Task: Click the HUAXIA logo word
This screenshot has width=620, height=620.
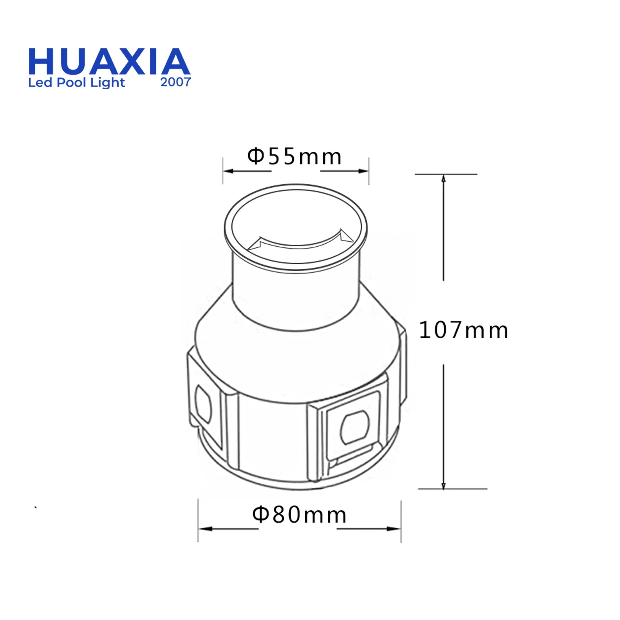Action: coord(109,62)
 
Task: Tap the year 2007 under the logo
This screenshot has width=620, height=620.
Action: coord(176,82)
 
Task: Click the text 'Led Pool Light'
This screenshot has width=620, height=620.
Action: coord(76,83)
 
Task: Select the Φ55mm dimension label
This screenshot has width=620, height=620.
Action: coord(294,157)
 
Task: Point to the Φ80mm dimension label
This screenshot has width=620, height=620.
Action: coord(299,515)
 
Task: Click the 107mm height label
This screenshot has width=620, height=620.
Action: coord(463,330)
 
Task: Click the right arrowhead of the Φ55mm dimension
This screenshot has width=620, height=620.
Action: coord(363,171)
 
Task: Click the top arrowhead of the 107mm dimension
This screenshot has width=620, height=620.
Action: coord(443,179)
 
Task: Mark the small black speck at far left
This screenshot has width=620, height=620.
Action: coord(35,507)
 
